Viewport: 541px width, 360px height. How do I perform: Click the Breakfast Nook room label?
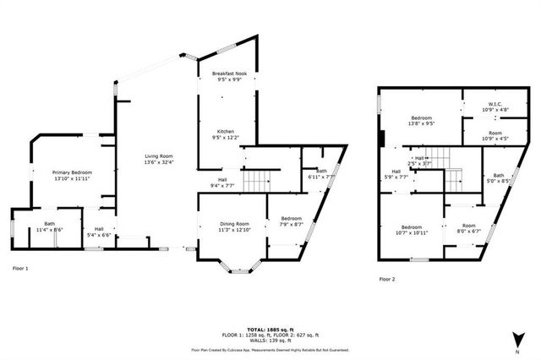[226, 75]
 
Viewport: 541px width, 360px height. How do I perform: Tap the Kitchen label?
[226, 132]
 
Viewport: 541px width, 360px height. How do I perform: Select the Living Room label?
[159, 156]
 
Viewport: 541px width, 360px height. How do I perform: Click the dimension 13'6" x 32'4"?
[159, 162]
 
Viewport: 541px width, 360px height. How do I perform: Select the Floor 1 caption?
[20, 269]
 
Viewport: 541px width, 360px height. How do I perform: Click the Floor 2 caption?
[387, 278]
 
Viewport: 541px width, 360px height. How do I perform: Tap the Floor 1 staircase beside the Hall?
[256, 180]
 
